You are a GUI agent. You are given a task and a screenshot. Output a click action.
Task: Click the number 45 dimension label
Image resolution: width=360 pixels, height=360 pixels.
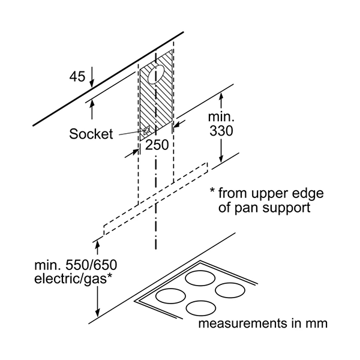click(x=77, y=77)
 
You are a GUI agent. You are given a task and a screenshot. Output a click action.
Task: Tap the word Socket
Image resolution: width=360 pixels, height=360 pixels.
click(x=90, y=134)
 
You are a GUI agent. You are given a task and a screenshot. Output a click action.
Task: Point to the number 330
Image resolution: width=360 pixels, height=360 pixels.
click(x=220, y=130)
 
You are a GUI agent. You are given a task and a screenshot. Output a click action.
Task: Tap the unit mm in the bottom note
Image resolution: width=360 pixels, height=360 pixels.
click(x=316, y=325)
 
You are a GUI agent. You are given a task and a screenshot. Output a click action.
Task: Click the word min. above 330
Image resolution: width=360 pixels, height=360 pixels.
click(x=218, y=116)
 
